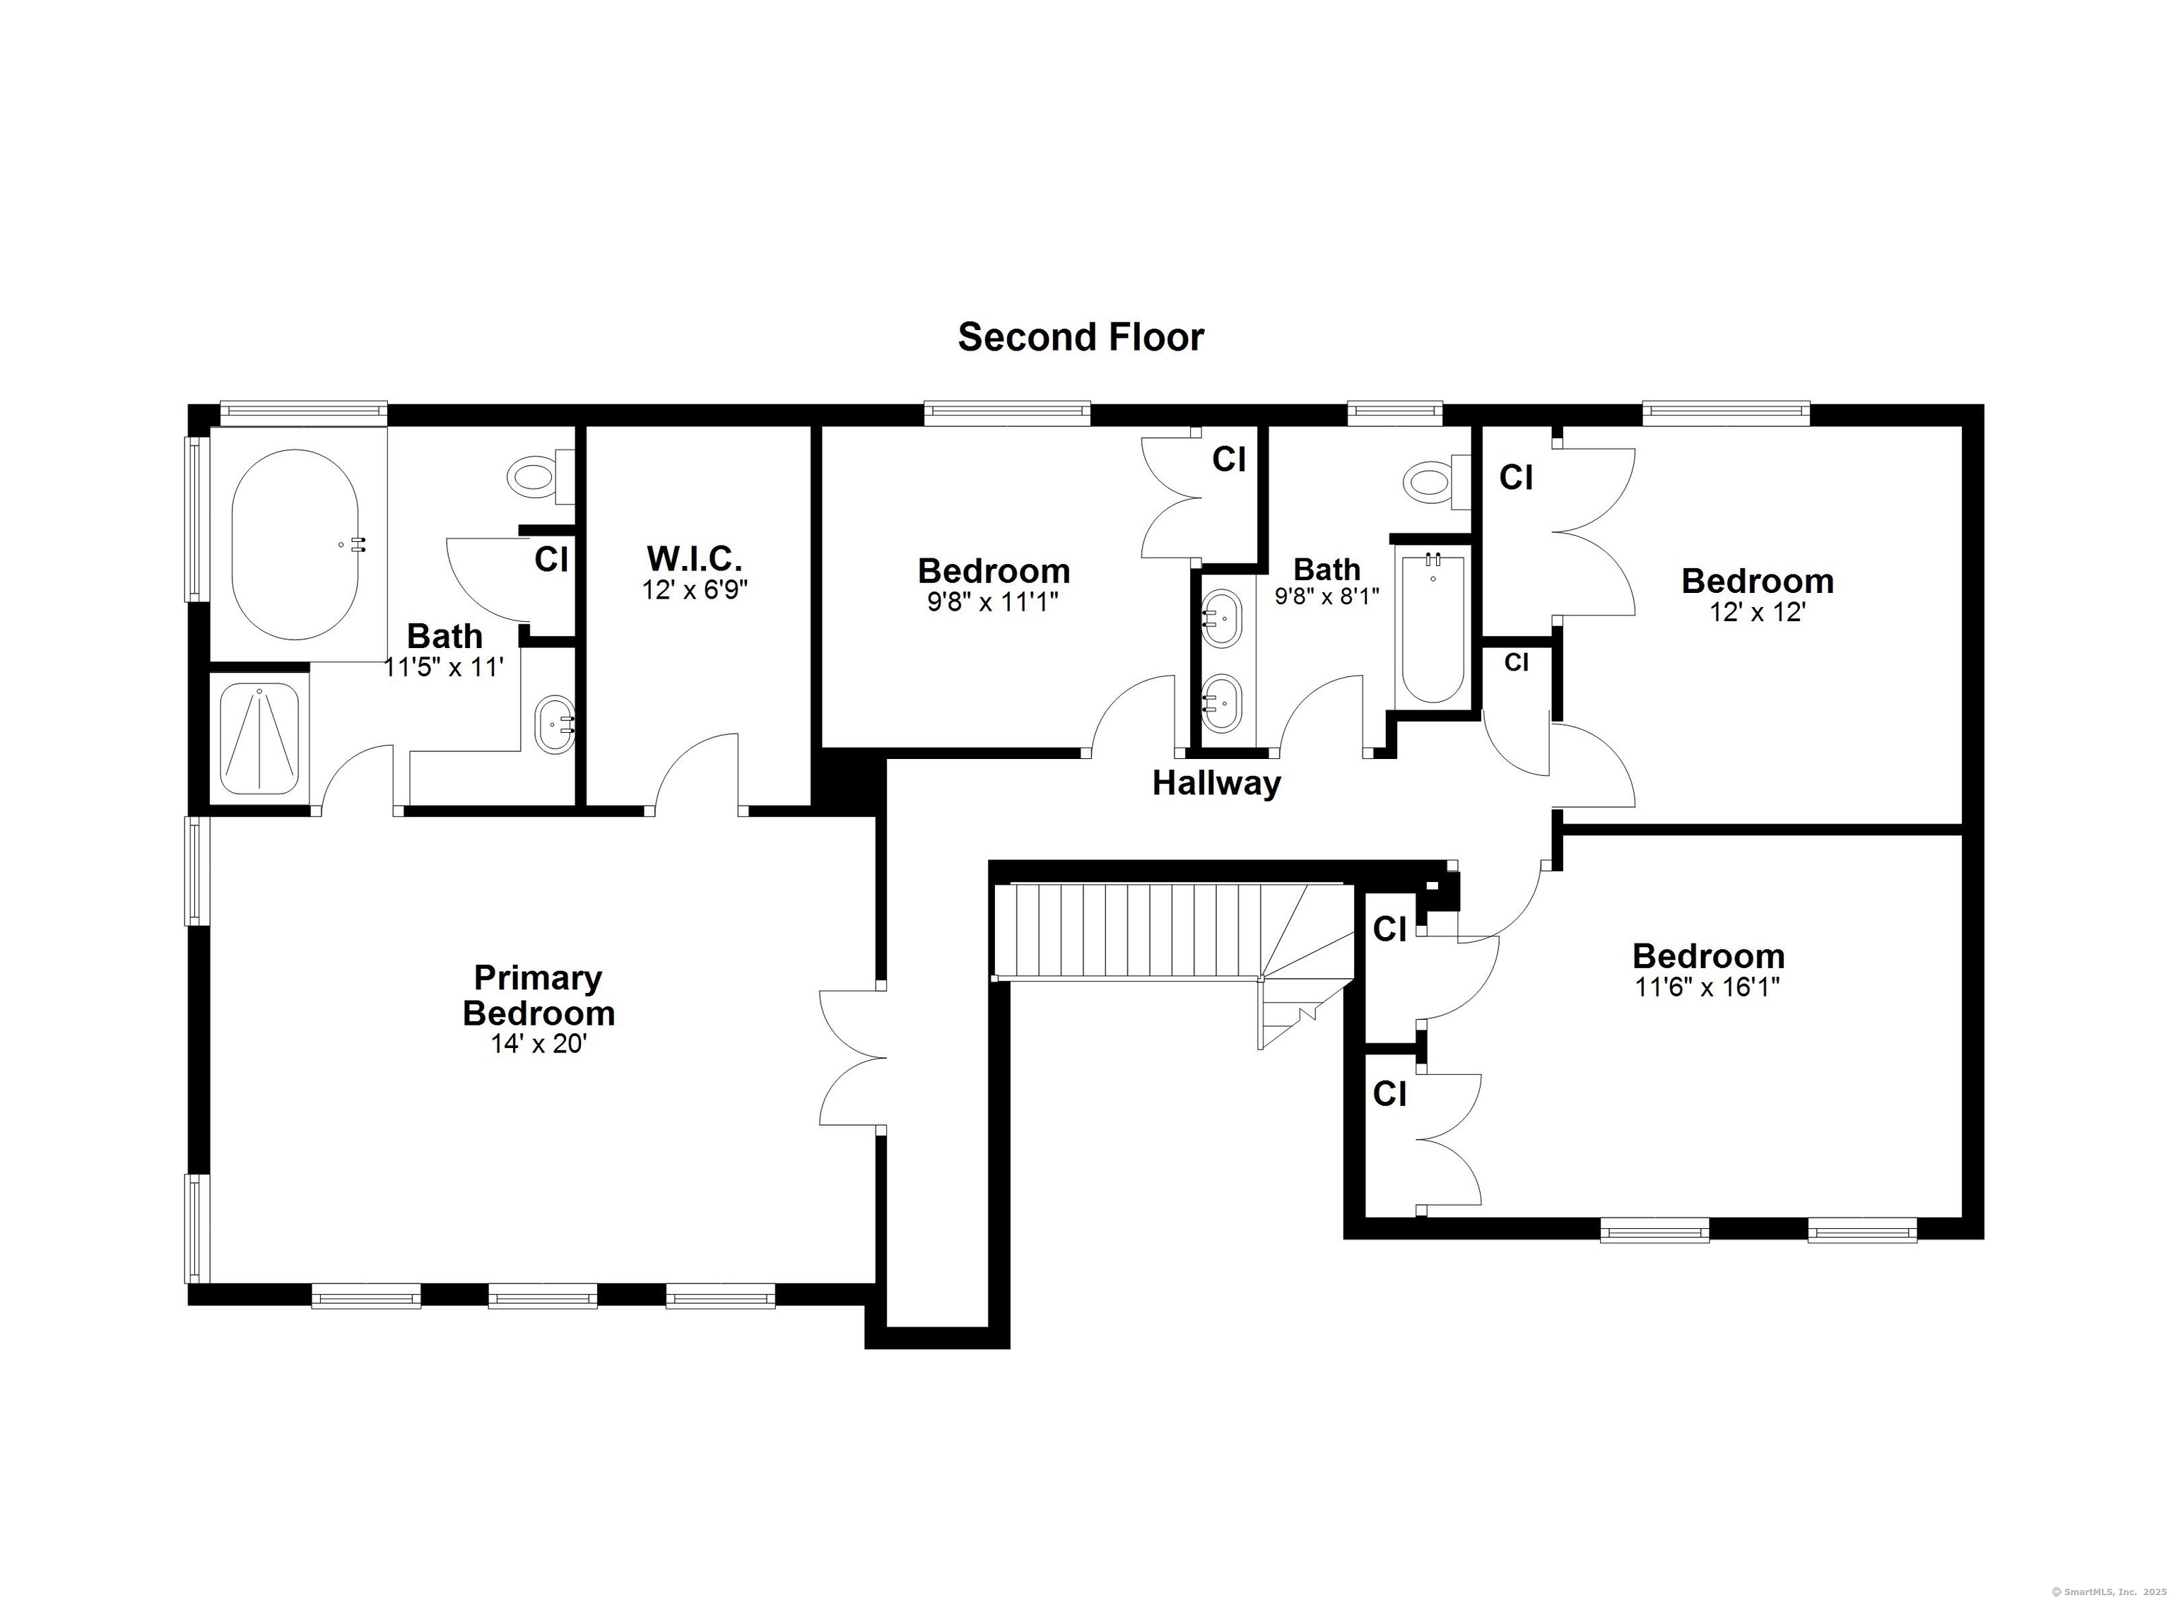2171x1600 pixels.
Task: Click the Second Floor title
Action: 1081,337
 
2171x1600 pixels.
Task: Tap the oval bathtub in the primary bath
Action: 295,544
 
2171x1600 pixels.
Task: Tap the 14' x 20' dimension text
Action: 539,1044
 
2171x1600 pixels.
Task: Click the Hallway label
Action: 1216,782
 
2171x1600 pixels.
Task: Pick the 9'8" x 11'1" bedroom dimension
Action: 992,602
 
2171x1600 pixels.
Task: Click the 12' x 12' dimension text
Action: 1758,612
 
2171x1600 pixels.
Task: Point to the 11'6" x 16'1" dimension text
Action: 1708,987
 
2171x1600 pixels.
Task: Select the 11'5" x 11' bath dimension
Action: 445,666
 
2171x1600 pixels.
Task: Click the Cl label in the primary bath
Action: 551,559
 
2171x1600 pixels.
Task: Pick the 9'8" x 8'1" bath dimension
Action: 1326,596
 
